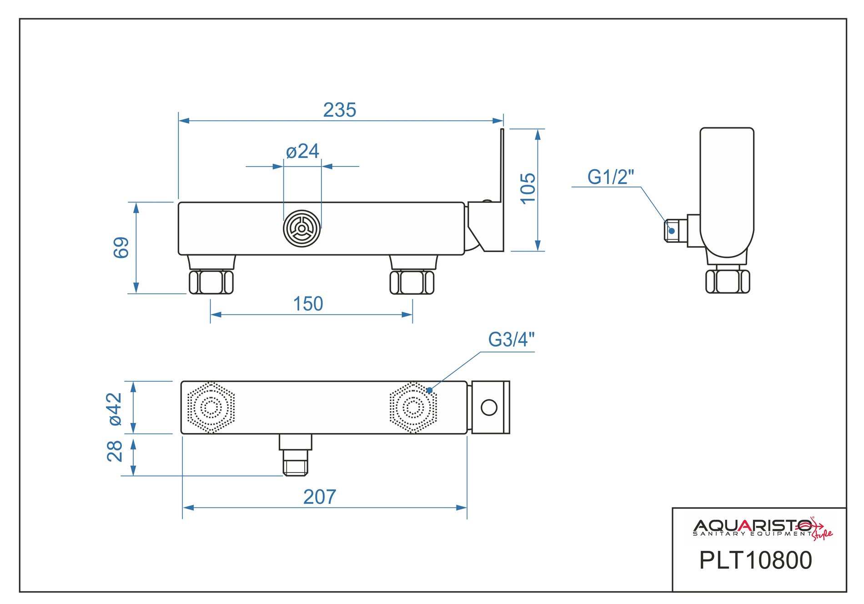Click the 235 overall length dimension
coord(339,110)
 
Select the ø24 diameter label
coord(302,151)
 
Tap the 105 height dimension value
coord(528,188)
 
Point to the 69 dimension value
coord(121,248)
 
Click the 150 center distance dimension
coord(308,304)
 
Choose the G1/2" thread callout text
coord(610,177)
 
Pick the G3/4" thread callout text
coord(511,339)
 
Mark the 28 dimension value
coord(115,451)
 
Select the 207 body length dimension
coord(320,497)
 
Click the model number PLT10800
coord(755,560)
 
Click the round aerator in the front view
coord(302,228)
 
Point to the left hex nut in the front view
coord(211,282)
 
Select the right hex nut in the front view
coord(412,282)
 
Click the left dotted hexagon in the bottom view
coord(211,408)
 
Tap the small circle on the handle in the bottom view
coord(489,408)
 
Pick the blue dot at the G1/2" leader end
coord(672,231)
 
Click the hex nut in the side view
coord(728,282)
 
